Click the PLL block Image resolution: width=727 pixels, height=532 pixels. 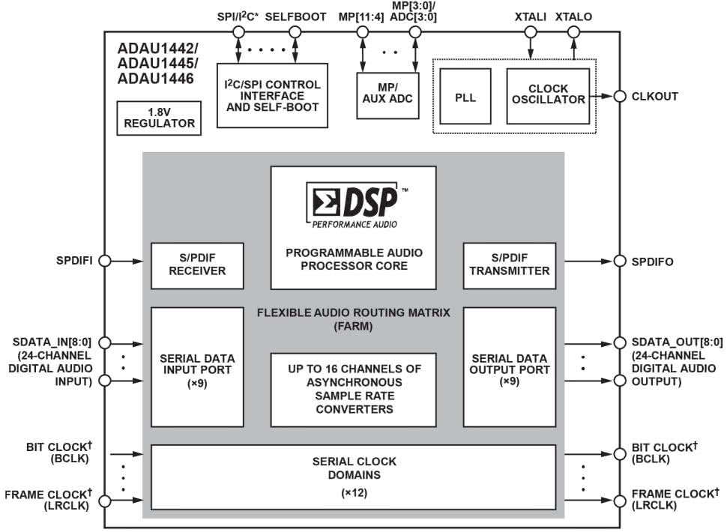tap(465, 97)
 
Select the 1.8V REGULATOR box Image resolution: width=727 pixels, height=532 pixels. tap(159, 118)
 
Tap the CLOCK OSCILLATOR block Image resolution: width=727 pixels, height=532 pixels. tap(548, 97)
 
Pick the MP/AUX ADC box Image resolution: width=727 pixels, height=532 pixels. tap(387, 95)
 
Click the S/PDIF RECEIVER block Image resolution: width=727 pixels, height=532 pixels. tap(197, 265)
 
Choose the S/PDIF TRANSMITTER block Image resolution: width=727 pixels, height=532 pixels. tap(510, 265)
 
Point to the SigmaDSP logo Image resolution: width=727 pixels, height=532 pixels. tap(355, 205)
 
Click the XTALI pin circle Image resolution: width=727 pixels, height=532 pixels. tap(531, 32)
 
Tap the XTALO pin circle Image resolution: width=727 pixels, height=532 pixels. tap(573, 32)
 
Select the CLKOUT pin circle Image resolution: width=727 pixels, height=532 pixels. tap(620, 97)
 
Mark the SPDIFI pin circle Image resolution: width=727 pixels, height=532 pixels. tap(105, 261)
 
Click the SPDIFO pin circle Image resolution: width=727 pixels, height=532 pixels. tap(620, 261)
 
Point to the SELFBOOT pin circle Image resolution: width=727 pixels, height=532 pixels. tap(295, 32)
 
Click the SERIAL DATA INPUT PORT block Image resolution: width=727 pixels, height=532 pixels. tap(197, 366)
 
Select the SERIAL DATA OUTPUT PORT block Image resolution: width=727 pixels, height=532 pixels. tap(510, 366)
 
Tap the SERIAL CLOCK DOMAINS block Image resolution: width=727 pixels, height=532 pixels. tap(353, 477)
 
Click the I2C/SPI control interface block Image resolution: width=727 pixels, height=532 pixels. tap(272, 95)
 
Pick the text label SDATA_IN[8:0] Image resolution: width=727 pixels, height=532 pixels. tap(52, 342)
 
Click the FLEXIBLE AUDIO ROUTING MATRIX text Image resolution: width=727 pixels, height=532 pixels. tap(353, 312)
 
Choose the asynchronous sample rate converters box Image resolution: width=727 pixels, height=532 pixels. tap(353, 390)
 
